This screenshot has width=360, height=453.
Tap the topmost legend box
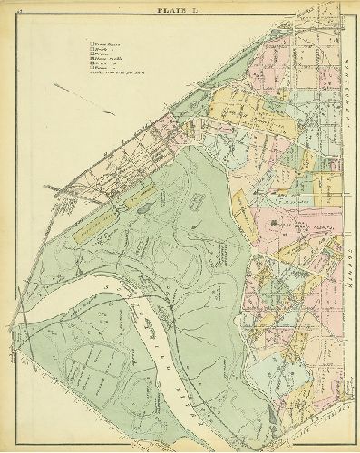pyautogui.click(x=89, y=42)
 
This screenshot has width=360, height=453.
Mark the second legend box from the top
pyautogui.click(x=89, y=46)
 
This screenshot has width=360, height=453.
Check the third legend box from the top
pyautogui.click(x=89, y=51)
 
